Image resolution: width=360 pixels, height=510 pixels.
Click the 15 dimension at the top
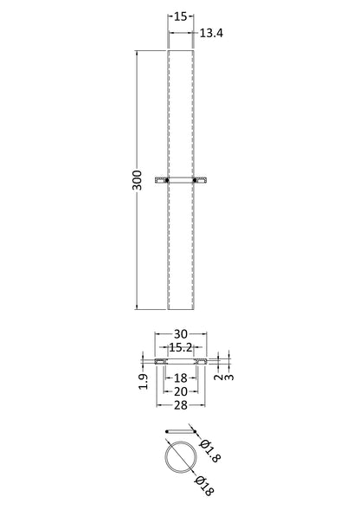click(x=181, y=16)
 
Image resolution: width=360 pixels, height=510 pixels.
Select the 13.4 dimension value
click(x=211, y=33)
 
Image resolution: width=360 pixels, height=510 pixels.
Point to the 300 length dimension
click(x=138, y=180)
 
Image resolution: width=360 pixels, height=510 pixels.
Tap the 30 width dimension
click(x=181, y=334)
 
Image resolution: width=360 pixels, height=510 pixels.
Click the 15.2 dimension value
click(x=181, y=348)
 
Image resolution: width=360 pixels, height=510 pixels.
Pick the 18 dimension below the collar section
click(x=181, y=378)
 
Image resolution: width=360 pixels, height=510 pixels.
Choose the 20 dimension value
click(x=181, y=391)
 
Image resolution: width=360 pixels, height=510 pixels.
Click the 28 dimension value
click(x=181, y=405)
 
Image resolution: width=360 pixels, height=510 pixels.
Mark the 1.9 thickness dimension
click(x=144, y=381)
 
